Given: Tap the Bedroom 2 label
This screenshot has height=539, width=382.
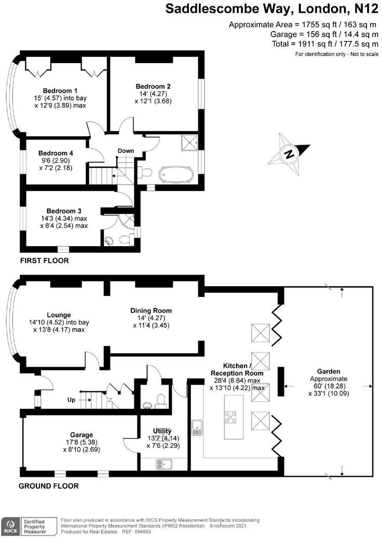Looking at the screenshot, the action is (153, 86).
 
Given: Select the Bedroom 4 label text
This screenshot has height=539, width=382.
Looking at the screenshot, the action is (56, 153).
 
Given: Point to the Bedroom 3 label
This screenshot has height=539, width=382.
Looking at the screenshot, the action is (64, 211).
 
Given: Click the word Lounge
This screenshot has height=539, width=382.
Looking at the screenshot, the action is (59, 315).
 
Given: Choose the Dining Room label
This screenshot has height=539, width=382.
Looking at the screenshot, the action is (151, 310).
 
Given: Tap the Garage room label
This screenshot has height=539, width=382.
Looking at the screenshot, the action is (82, 435).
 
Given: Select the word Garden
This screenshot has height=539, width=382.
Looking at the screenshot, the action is (329, 371).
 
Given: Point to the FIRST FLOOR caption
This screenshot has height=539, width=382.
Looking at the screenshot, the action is (44, 261).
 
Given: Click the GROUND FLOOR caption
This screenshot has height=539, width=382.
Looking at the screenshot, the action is (49, 486).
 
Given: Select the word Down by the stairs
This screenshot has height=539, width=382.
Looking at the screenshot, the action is (126, 151).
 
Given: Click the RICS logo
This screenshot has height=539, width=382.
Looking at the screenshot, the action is (9, 525).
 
